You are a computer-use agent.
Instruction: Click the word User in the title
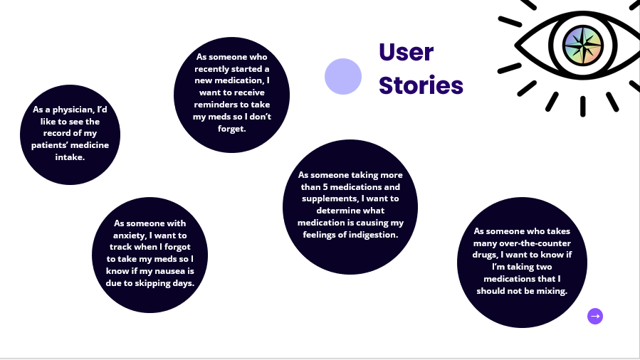pyautogui.click(x=406, y=53)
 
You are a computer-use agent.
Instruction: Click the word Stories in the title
pyautogui.click(x=421, y=85)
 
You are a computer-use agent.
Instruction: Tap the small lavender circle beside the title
pyautogui.click(x=343, y=77)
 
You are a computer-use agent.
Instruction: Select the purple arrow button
pyautogui.click(x=595, y=316)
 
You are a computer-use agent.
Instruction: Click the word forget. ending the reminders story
pyautogui.click(x=231, y=129)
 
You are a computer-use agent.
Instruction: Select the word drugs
pyautogui.click(x=486, y=255)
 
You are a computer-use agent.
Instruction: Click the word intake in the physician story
pyautogui.click(x=69, y=158)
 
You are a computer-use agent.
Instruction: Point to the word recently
pyautogui.click(x=215, y=68)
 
